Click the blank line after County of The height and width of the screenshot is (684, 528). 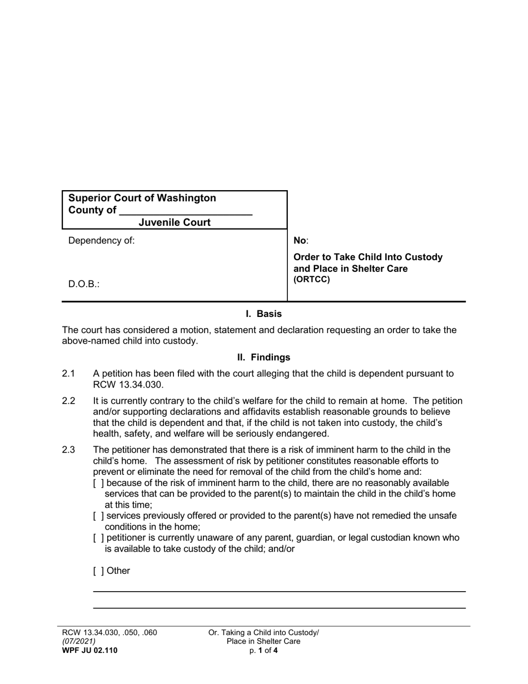186,211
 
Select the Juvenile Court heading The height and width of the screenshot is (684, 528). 175,222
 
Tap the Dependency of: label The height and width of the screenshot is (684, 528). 101,241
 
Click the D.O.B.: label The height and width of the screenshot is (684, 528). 84,284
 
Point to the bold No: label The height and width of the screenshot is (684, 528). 300,241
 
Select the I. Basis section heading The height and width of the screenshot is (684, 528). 263,314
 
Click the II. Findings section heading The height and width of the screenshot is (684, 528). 263,357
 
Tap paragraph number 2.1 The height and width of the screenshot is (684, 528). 68,374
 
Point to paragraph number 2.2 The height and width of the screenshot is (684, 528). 68,401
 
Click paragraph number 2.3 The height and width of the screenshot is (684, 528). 68,450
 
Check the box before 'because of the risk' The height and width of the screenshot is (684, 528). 98,483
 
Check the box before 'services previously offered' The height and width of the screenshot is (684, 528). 98,516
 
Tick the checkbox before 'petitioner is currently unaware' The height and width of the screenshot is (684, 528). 98,538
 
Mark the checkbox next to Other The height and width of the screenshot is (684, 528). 98,571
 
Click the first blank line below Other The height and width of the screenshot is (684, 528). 279,591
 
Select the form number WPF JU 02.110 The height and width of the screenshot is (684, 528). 89,650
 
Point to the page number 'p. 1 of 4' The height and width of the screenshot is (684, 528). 263,650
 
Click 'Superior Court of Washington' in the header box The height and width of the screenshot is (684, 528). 142,198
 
